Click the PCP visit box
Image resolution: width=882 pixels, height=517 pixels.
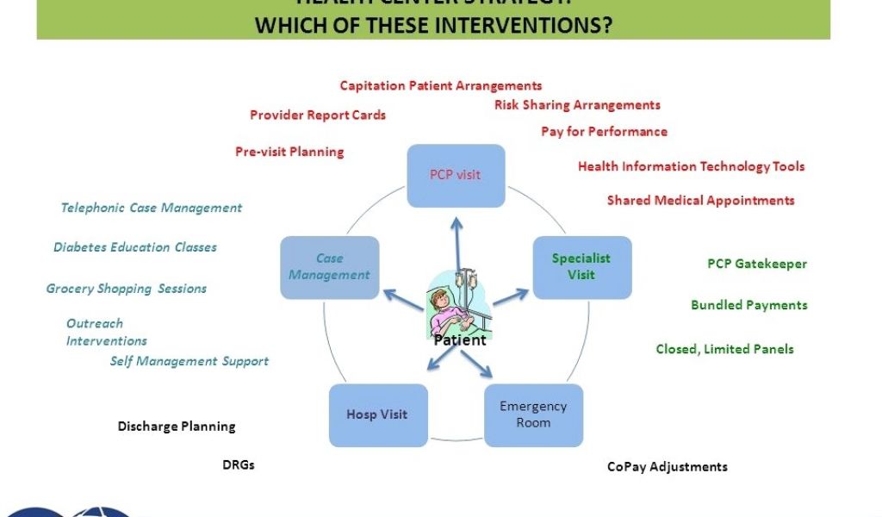456,175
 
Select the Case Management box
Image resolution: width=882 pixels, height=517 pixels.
329,266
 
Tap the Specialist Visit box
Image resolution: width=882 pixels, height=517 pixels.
581,266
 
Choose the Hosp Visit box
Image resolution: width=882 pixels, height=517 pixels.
377,414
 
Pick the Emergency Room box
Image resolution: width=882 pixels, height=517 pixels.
533,414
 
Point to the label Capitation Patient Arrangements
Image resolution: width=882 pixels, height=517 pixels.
441,85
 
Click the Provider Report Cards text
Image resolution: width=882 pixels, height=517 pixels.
318,115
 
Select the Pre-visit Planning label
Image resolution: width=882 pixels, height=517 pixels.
289,152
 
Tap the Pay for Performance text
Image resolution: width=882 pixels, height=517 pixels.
604,132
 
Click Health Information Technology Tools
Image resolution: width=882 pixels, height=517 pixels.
691,166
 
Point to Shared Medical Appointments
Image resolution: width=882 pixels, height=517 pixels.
700,200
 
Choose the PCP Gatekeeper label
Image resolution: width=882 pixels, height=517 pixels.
757,264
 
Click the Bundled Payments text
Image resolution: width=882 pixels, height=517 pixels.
748,305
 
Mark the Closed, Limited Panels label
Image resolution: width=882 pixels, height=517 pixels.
724,349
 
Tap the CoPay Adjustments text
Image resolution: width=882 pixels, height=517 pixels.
667,467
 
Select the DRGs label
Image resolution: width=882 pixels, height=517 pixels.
239,465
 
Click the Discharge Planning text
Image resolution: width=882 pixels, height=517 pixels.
177,427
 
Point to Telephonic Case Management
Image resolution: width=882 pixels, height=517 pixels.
152,208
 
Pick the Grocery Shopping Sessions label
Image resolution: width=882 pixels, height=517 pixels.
127,289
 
